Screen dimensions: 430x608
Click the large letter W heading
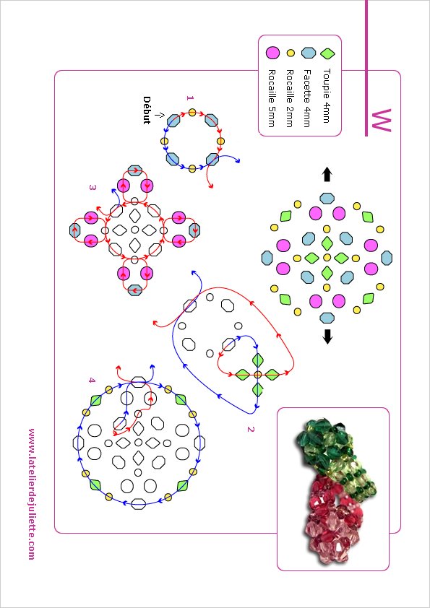[381, 121]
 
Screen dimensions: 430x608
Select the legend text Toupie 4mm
[327, 96]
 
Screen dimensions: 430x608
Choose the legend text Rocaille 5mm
[272, 98]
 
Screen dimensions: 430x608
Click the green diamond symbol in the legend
[327, 53]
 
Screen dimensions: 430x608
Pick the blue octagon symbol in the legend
[309, 52]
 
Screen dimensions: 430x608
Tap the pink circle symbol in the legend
[272, 53]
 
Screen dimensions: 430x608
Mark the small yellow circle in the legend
[290, 53]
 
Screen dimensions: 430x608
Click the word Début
[147, 110]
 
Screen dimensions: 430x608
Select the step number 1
[189, 98]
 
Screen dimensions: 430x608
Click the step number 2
[250, 429]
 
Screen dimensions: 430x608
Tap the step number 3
[93, 188]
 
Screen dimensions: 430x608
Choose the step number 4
[92, 381]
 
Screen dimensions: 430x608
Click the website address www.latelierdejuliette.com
[32, 494]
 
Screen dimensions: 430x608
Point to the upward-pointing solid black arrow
[327, 175]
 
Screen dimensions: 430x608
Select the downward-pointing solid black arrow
[327, 336]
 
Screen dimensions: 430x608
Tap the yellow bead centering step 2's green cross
[258, 375]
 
